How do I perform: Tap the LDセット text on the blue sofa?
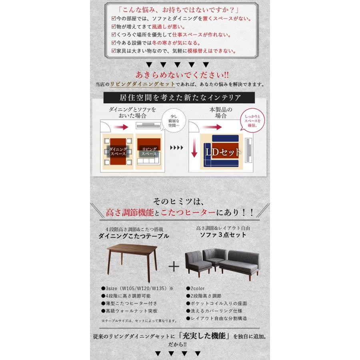[224, 152]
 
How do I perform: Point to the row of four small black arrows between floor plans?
[176, 148]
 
